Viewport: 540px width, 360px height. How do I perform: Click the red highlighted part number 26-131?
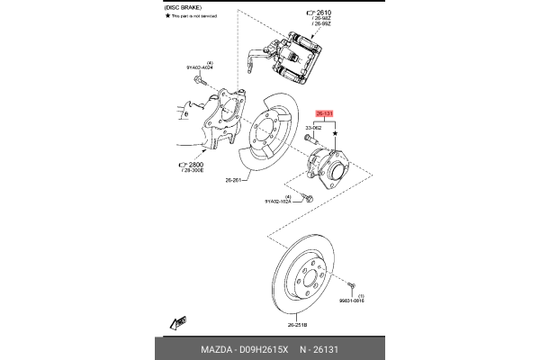click(325, 114)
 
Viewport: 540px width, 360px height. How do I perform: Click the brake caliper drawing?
click(298, 55)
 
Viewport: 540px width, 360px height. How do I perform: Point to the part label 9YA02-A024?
click(200, 67)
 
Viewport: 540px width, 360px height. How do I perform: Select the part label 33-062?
click(314, 129)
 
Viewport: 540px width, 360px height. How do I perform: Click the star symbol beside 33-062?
click(336, 132)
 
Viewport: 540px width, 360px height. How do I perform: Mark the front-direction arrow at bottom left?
click(175, 321)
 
